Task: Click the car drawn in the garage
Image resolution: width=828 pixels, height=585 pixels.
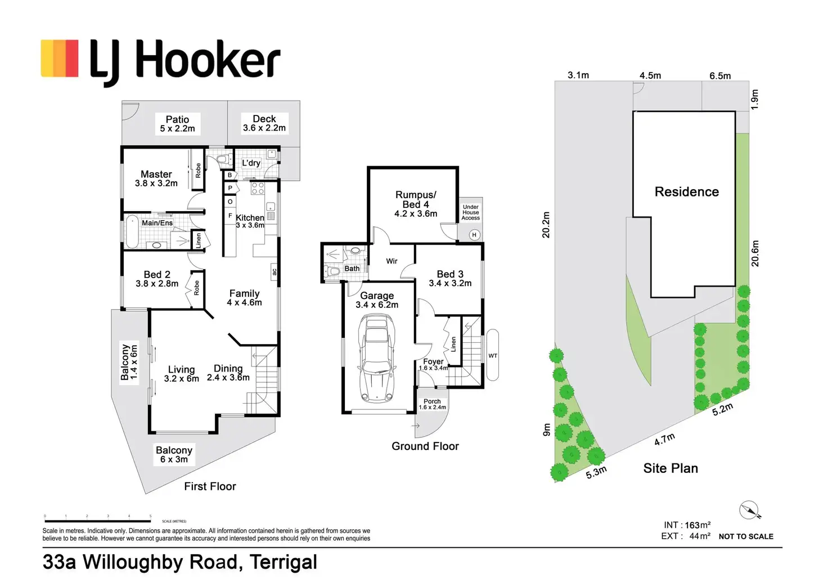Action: tap(376, 358)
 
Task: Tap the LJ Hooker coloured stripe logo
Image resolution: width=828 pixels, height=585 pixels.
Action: tap(60, 59)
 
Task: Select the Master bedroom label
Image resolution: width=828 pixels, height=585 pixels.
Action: tap(156, 178)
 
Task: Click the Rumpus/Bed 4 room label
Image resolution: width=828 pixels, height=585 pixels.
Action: tap(416, 204)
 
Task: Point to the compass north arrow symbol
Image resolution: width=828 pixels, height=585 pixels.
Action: tap(750, 511)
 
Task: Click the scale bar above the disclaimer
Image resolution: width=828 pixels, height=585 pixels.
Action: tap(97, 521)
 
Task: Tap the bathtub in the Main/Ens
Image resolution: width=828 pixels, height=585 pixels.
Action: tap(132, 232)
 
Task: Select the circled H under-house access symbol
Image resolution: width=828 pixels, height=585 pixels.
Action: tap(474, 235)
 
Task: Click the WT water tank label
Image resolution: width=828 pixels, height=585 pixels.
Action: tap(493, 356)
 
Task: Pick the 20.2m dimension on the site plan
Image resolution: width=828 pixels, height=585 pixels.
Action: tap(546, 225)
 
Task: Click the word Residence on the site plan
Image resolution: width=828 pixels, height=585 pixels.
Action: tap(687, 191)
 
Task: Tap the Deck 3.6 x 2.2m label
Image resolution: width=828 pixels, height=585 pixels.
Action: tap(264, 123)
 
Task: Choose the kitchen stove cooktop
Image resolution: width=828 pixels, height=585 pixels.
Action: tap(258, 189)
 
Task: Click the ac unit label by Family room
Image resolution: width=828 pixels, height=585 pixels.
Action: tap(274, 271)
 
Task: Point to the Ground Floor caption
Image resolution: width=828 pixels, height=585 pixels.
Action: tap(425, 446)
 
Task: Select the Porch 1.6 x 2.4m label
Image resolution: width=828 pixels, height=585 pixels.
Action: tap(432, 404)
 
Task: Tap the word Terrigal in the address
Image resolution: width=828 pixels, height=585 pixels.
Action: tap(283, 562)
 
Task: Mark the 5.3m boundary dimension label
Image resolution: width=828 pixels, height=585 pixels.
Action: tap(596, 472)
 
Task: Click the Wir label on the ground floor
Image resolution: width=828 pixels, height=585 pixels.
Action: tap(391, 261)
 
